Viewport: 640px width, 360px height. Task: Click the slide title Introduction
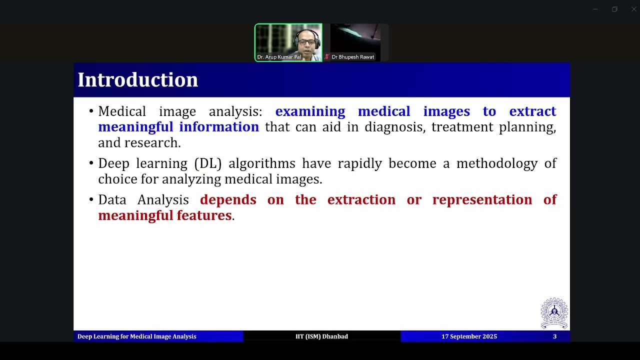[x=137, y=80]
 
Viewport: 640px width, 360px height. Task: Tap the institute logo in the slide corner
[x=554, y=313]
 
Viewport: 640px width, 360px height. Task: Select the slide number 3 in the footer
[x=554, y=336]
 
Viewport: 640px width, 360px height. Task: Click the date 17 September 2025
[x=469, y=336]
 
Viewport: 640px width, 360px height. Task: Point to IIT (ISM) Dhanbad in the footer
[x=321, y=336]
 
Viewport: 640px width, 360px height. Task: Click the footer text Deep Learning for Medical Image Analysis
[x=136, y=336]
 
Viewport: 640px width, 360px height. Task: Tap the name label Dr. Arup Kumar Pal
[x=279, y=57]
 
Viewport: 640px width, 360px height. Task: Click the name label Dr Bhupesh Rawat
[x=352, y=57]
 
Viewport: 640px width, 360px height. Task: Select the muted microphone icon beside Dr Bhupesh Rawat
[x=327, y=57]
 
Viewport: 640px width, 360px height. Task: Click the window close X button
[x=634, y=9]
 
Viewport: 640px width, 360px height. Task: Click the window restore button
[x=614, y=9]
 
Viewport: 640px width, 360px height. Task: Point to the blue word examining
[x=310, y=111]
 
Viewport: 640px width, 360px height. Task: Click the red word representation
[x=482, y=200]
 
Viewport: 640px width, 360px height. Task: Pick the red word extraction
[x=361, y=200]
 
